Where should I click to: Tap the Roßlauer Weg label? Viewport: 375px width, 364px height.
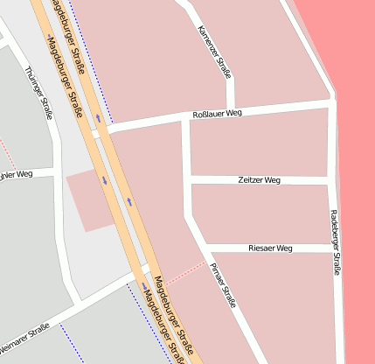point(216,115)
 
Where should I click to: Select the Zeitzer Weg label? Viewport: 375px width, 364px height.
point(259,180)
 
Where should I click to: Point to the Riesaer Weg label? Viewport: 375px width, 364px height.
point(269,248)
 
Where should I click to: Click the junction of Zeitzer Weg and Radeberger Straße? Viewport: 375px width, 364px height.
point(331,181)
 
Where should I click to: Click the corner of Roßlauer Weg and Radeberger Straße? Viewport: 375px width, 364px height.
point(331,102)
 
